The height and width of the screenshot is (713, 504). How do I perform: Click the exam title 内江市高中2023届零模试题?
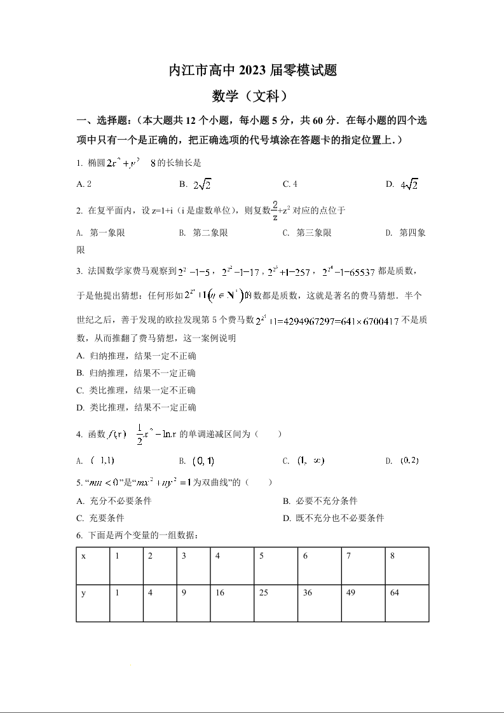point(252,71)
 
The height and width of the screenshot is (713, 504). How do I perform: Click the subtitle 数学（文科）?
point(252,96)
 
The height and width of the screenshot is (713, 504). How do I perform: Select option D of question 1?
point(407,184)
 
